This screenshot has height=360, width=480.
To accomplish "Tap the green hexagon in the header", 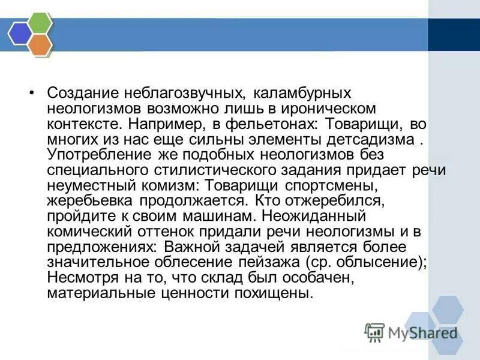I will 40,24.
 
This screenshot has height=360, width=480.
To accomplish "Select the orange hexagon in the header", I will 40,43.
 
